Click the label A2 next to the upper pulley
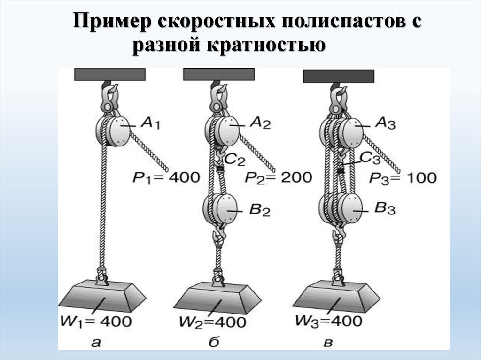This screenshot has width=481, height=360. point(260,123)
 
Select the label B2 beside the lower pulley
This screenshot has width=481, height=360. point(259,211)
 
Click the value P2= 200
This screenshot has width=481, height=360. point(279,177)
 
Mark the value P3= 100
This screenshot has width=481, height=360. point(403,177)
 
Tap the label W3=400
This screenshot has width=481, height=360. point(329,322)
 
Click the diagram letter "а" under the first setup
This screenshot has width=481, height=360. point(96,342)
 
